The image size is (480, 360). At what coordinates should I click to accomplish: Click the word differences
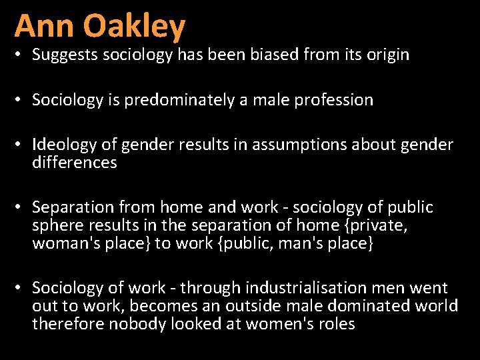pos(75,163)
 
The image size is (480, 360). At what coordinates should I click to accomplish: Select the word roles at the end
pos(336,324)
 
